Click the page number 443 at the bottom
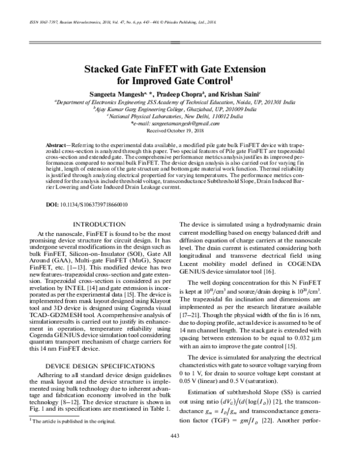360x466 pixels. pos(179,452)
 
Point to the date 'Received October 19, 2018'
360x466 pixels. pos(179,130)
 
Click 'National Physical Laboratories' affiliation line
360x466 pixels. pos(179,116)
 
